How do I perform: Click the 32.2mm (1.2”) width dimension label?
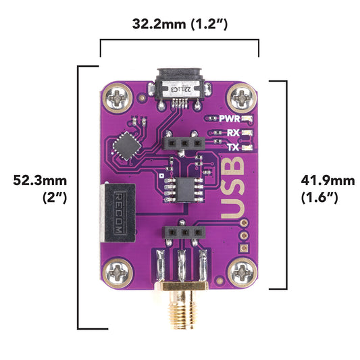click(x=180, y=24)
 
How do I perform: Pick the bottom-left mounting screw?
click(x=119, y=272)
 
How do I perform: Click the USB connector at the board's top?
click(x=179, y=88)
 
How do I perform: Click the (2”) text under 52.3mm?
click(x=54, y=197)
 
